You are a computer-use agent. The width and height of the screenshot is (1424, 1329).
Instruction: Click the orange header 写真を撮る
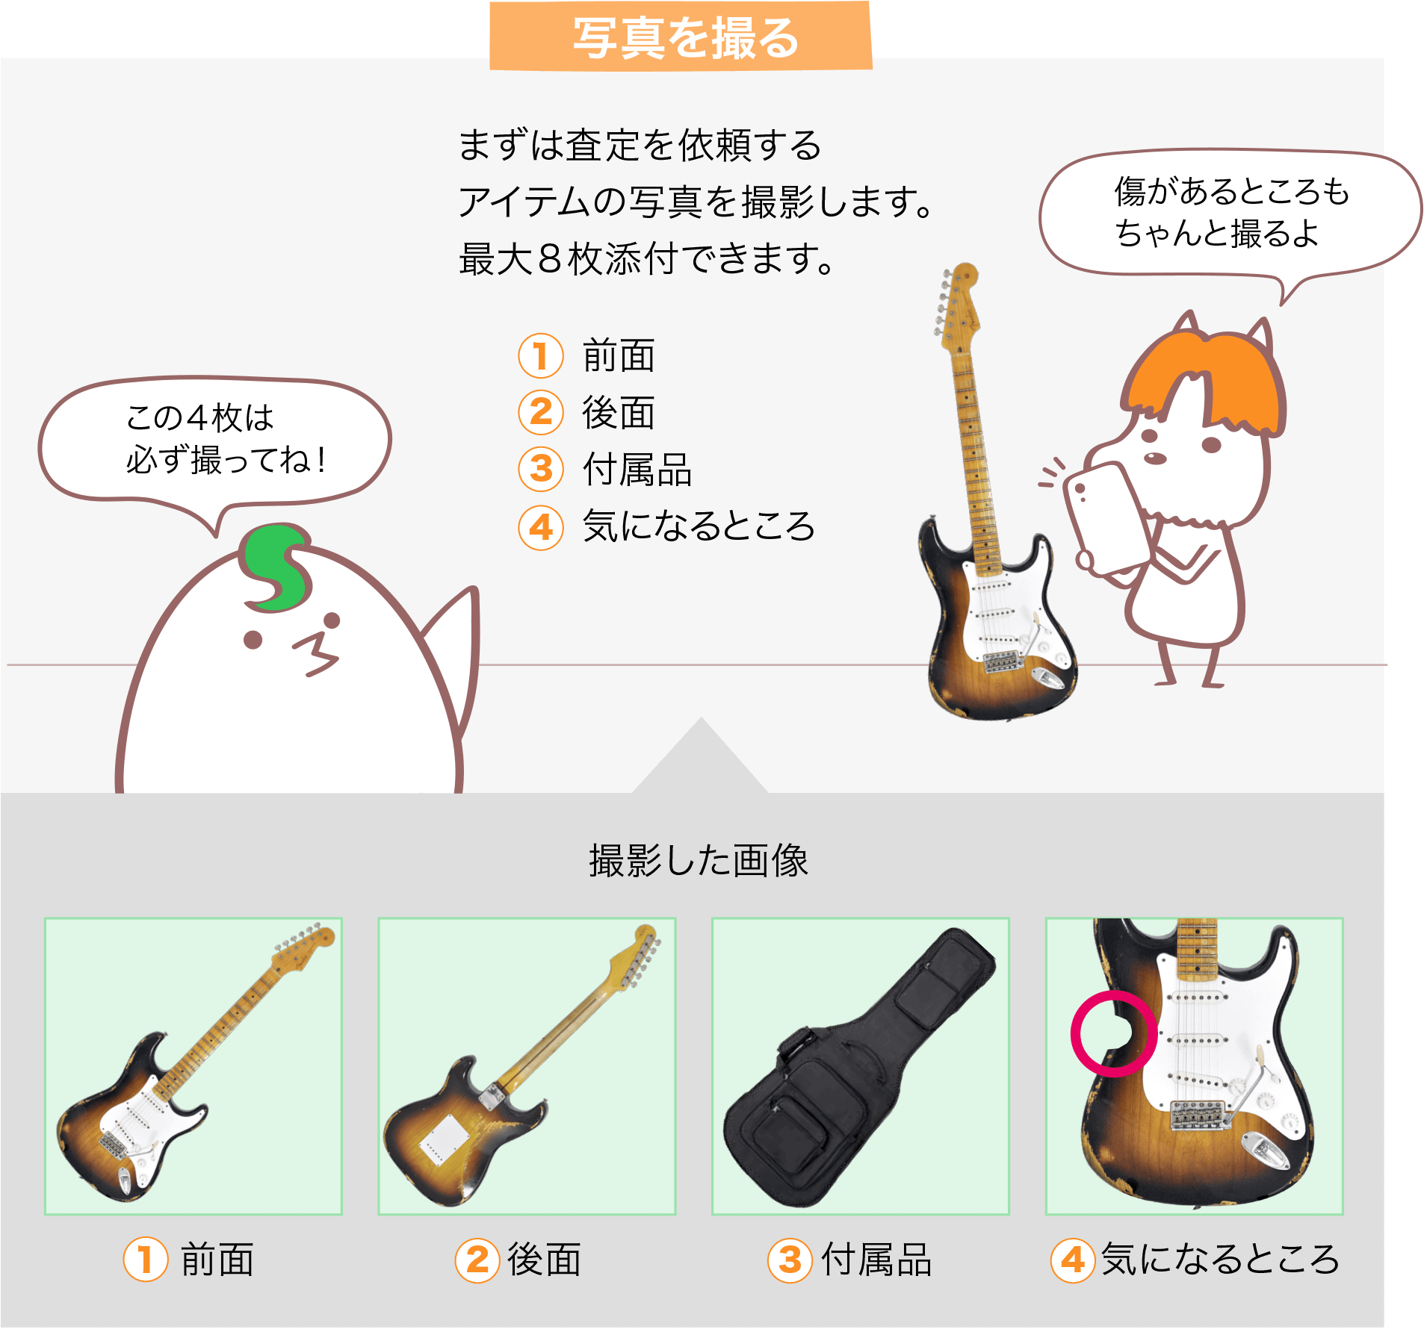pos(681,37)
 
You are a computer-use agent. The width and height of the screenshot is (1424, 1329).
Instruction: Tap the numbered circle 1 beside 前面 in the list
pos(540,355)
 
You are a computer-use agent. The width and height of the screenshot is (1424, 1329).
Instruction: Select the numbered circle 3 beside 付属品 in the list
pos(540,470)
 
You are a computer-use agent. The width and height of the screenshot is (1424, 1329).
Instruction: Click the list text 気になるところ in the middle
pos(699,526)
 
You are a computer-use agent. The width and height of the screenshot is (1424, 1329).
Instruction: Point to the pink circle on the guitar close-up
pos(1113,1035)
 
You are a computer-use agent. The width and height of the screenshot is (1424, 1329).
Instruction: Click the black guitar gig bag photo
pos(860,1066)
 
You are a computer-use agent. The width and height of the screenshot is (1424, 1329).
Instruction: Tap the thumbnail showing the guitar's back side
pos(527,1066)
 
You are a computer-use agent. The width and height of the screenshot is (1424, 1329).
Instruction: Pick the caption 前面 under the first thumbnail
pos(217,1260)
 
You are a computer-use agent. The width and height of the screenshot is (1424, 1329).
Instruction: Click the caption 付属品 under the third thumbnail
pos(876,1260)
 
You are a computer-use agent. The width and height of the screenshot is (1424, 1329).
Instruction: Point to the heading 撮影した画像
pos(699,861)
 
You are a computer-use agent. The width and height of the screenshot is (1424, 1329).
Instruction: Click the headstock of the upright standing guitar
pos(957,299)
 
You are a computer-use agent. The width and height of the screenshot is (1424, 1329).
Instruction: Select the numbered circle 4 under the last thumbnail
pos(1073,1260)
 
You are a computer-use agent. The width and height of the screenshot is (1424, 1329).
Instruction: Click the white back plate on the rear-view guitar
pos(444,1139)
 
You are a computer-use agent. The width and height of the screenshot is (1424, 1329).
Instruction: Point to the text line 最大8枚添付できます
pos(646,260)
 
